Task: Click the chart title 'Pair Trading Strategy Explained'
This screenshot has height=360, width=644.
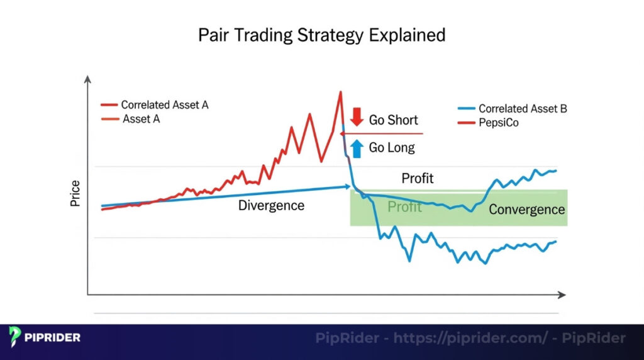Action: click(321, 34)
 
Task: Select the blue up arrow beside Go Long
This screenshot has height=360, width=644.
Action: click(357, 148)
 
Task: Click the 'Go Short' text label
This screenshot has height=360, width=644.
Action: click(393, 120)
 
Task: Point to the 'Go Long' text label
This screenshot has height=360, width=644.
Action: click(392, 148)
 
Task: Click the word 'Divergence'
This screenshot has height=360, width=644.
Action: click(271, 206)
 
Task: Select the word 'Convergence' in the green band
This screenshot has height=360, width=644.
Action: click(527, 210)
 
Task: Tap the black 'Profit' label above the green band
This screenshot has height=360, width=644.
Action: click(418, 179)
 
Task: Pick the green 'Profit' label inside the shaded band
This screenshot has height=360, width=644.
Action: click(404, 206)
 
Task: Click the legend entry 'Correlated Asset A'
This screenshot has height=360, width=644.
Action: click(164, 105)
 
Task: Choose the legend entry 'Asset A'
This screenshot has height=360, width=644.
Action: click(141, 118)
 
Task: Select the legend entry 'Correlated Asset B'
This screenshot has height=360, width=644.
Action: click(523, 109)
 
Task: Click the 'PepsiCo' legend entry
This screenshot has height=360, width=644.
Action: click(499, 123)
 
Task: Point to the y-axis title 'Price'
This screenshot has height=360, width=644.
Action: click(75, 194)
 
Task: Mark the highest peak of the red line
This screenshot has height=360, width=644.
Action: click(340, 92)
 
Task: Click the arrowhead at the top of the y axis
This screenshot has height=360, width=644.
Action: click(88, 79)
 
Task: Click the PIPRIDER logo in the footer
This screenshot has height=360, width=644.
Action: click(45, 337)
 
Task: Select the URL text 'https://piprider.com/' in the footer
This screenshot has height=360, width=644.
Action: click(470, 339)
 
